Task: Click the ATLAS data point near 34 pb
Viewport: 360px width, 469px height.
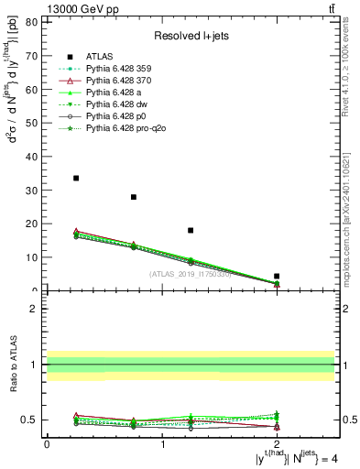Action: click(x=76, y=178)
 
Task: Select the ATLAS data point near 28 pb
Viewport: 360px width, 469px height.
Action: click(x=134, y=197)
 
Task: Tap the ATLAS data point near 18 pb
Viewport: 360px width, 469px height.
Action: click(x=191, y=230)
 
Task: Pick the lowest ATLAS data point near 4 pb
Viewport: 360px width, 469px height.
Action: click(x=277, y=276)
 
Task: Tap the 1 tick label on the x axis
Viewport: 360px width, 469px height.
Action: click(x=162, y=443)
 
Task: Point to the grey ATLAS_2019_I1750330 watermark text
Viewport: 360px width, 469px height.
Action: click(x=191, y=273)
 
